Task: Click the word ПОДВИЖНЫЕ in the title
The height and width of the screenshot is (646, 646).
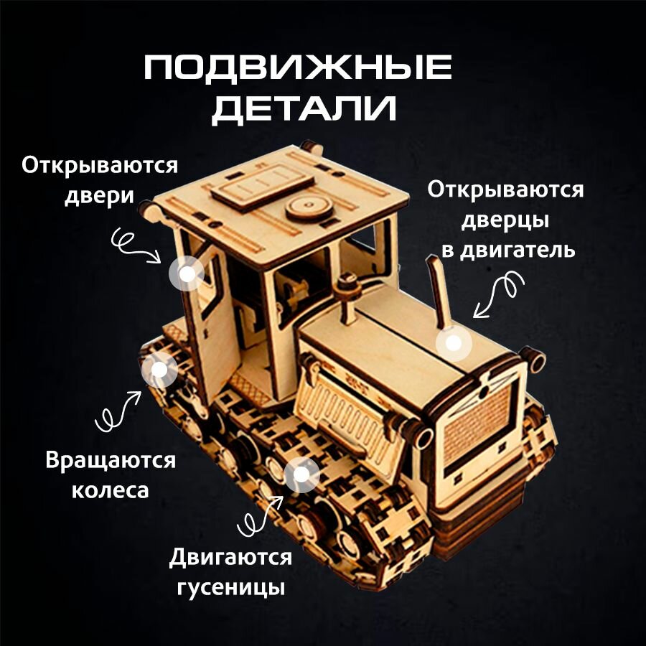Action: point(298,69)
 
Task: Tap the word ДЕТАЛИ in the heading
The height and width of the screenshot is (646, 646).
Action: point(304,110)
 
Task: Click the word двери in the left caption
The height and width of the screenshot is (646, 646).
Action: point(99,196)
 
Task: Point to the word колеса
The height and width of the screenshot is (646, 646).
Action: point(109,491)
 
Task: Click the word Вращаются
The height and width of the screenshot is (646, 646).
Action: point(110,460)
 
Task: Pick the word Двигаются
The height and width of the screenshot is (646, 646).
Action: point(231,558)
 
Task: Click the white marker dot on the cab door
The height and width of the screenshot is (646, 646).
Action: point(187,273)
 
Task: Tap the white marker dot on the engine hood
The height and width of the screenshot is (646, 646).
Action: point(452,342)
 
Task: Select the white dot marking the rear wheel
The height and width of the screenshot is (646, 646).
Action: point(159,369)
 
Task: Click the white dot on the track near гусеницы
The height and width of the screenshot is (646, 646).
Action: point(301,474)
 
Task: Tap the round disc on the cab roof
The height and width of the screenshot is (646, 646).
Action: point(309,209)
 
